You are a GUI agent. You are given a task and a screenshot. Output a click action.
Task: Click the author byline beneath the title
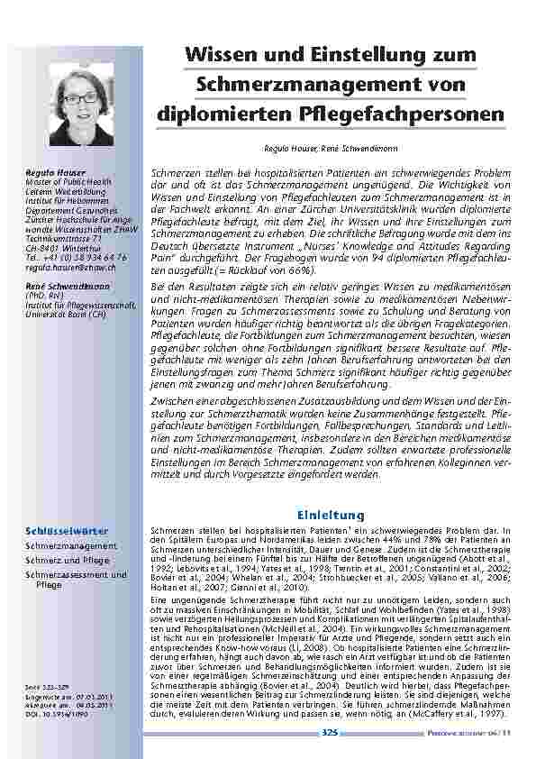coord(325,146)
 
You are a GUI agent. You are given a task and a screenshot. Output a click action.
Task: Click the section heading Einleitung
coord(324,515)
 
